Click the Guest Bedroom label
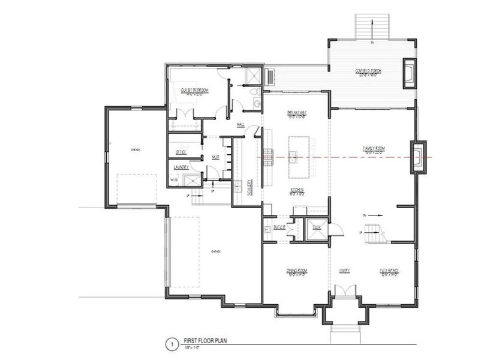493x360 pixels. tap(194, 90)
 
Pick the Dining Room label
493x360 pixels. tap(297, 271)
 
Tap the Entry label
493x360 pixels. tap(344, 271)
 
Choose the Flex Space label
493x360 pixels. tap(389, 271)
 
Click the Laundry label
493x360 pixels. tap(181, 167)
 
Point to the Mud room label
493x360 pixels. tap(215, 157)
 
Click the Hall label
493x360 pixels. tap(241, 124)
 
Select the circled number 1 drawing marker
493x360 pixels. tap(172, 344)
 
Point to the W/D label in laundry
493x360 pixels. tap(175, 179)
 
